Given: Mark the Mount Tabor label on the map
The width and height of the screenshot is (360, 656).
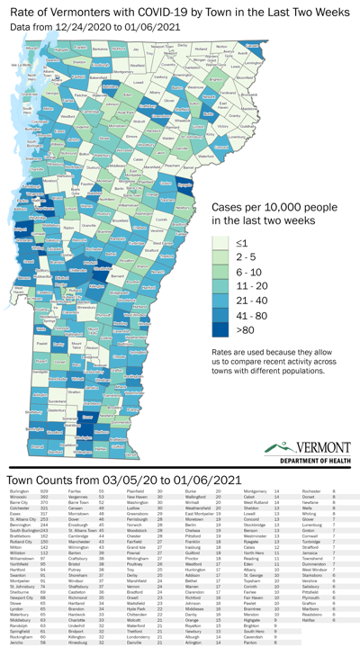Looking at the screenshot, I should point(76,343).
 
